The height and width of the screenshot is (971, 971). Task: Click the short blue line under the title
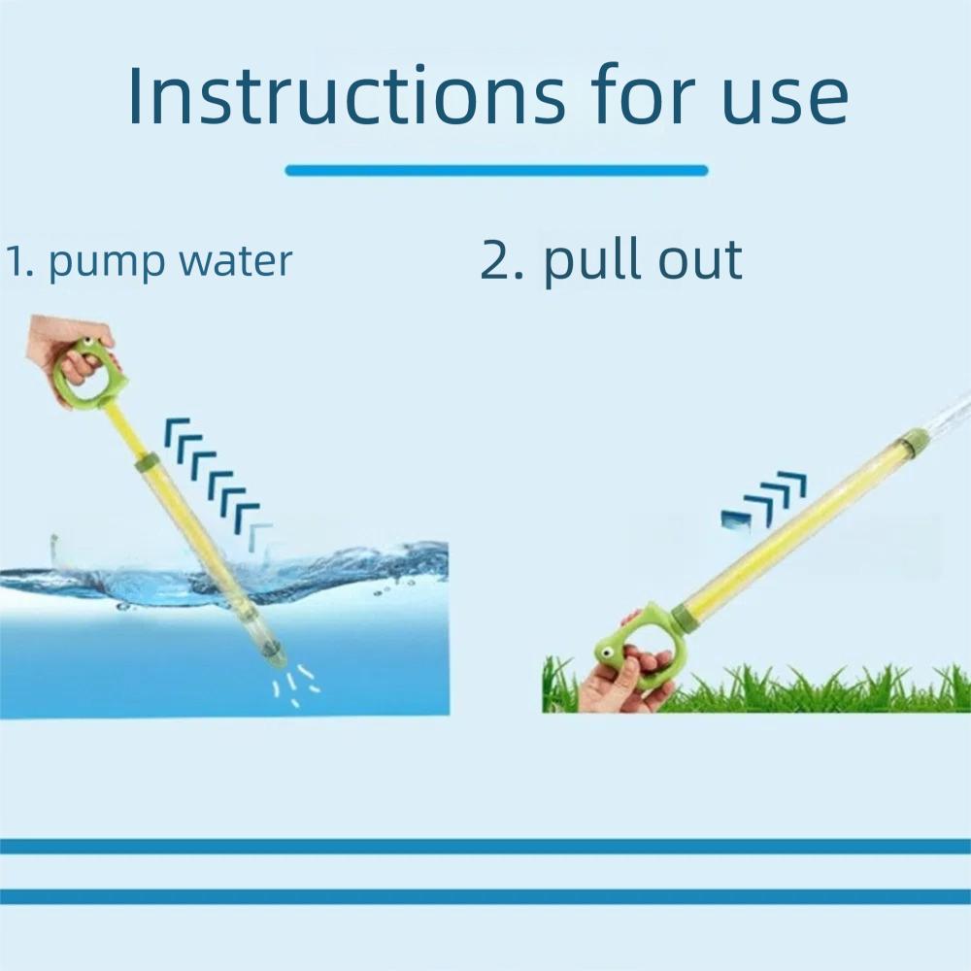(x=496, y=171)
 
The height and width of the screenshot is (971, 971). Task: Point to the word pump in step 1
(x=101, y=263)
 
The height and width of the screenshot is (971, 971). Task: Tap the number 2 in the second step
(x=500, y=260)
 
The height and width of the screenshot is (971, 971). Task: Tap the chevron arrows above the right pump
(x=767, y=500)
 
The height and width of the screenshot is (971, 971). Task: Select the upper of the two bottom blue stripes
(x=485, y=846)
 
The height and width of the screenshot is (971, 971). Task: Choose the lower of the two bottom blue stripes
(x=485, y=896)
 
